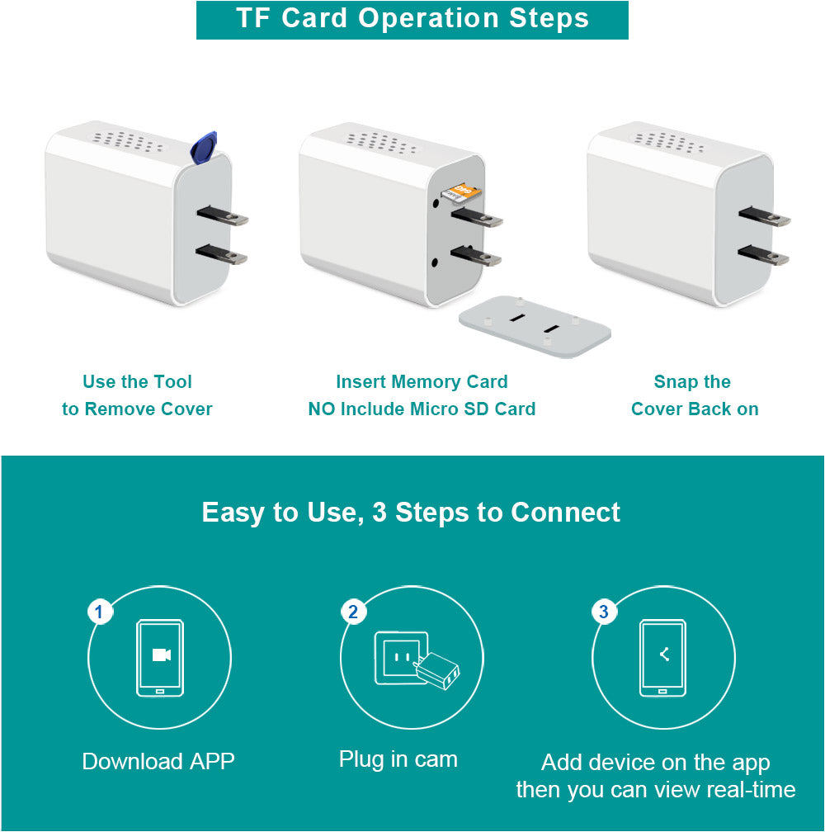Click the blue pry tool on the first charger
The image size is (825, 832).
click(x=204, y=147)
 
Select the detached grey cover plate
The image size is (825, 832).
click(x=535, y=326)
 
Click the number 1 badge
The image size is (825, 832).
click(x=99, y=612)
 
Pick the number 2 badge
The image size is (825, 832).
click(x=353, y=612)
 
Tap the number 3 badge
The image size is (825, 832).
click(x=603, y=612)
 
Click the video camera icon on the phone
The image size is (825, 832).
click(x=161, y=655)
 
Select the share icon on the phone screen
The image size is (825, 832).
click(x=664, y=655)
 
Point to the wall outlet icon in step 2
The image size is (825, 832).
click(x=402, y=658)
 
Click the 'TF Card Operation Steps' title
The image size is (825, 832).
click(x=412, y=18)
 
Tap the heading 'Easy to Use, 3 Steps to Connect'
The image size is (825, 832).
click(x=411, y=513)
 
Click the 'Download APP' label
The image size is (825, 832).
click(x=158, y=761)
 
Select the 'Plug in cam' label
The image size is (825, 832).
click(x=398, y=759)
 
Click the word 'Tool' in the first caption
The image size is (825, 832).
click(x=172, y=381)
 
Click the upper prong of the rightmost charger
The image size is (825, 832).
click(x=764, y=215)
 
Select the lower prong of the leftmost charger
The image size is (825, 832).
click(x=221, y=254)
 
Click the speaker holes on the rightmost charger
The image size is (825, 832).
click(x=669, y=143)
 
